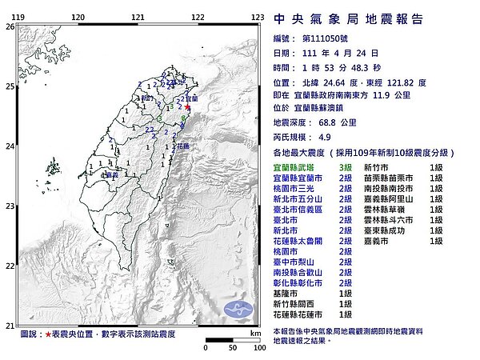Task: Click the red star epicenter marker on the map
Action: tap(188, 107)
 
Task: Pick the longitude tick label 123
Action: tap(258, 17)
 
